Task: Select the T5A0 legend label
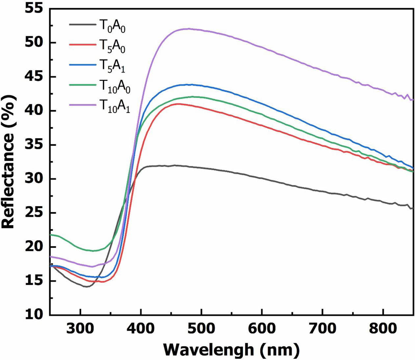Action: coord(112,47)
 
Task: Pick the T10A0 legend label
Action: coord(115,88)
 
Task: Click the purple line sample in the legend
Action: coord(82,105)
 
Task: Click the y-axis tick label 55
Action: coord(34,9)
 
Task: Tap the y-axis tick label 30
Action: coord(34,179)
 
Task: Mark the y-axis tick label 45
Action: coord(34,77)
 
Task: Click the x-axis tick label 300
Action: coord(80,328)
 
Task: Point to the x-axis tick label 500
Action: coord(201,328)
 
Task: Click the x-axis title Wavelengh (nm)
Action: coord(231,349)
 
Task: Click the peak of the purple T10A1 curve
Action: coord(188,29)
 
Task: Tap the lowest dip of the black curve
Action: coord(86,286)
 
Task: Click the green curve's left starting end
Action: coord(50,235)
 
